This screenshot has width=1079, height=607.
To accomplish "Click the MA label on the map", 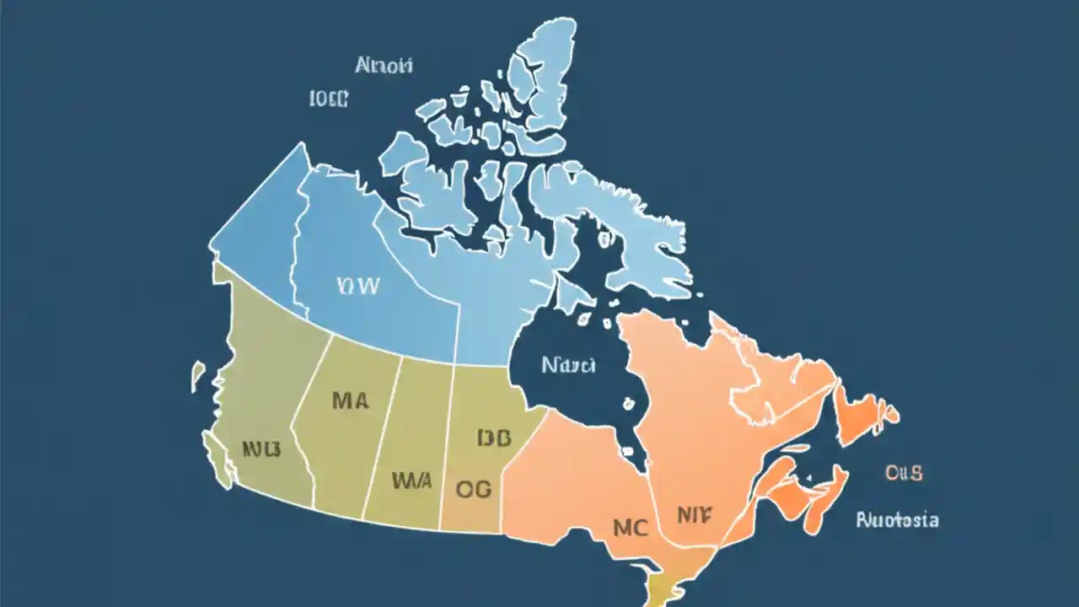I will (350, 400).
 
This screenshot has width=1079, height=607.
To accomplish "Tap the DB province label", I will (494, 438).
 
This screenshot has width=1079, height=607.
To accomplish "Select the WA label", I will (411, 481).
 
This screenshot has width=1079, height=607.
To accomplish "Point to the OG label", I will (473, 488).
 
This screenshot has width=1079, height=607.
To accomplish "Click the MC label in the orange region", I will (630, 528).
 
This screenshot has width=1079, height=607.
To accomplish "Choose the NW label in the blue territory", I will (357, 285).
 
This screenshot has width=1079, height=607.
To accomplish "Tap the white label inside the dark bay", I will (568, 365).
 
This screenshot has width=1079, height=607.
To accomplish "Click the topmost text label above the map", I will (384, 65).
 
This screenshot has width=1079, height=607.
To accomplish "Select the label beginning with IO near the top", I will (329, 99).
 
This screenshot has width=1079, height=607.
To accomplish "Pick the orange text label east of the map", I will (904, 472).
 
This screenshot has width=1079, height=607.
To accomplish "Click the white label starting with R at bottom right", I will (897, 519).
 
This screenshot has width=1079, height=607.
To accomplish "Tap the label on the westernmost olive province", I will (260, 448).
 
